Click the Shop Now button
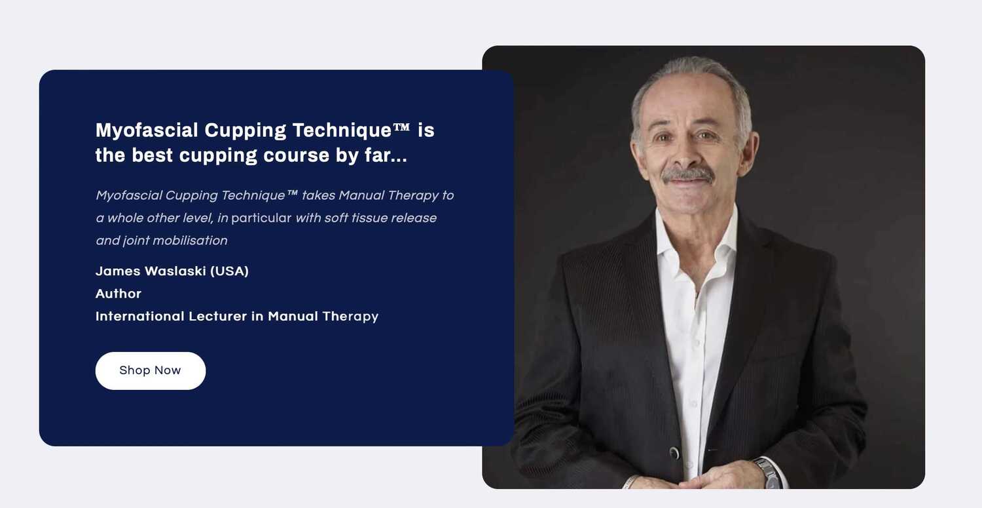click(x=151, y=370)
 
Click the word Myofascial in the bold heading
click(x=147, y=131)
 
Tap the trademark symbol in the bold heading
click(x=401, y=127)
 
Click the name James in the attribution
click(x=118, y=271)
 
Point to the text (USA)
click(x=229, y=271)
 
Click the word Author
click(x=118, y=294)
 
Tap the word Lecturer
click(x=218, y=316)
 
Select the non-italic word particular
click(x=261, y=218)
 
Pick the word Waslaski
click(x=175, y=271)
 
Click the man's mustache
click(x=687, y=174)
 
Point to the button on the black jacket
click(x=675, y=453)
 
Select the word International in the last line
click(x=140, y=316)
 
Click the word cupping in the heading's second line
click(x=218, y=156)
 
